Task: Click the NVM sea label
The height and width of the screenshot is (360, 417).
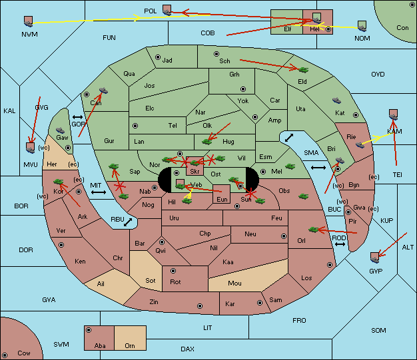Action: pos(29,35)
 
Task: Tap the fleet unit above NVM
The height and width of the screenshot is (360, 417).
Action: pos(29,21)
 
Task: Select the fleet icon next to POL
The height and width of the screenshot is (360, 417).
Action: pos(167,11)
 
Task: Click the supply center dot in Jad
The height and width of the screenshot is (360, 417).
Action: pos(158,57)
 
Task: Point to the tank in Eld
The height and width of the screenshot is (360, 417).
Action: pos(303,70)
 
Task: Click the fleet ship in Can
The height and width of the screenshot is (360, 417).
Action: pos(103,90)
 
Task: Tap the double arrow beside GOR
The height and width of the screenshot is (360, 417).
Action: pos(78,117)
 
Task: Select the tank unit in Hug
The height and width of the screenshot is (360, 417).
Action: pos(207,142)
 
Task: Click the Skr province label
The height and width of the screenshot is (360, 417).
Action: pos(195,172)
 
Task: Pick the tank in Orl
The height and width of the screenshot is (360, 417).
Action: pos(314,230)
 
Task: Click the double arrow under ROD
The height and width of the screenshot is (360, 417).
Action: pos(340,244)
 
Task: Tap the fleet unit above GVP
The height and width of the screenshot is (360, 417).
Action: pos(375,258)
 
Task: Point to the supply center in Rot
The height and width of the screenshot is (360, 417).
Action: pos(173,271)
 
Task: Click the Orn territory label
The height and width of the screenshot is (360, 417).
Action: pos(130,345)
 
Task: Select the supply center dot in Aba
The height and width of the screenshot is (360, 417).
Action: pos(89,330)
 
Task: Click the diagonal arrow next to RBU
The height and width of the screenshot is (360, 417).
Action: pos(128,222)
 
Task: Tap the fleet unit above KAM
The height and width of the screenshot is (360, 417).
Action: pos(393,114)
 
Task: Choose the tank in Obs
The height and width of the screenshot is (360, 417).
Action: pos(303,196)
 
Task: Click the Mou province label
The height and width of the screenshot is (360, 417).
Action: pos(235,283)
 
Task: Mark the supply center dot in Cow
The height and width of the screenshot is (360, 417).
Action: pos(5,355)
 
